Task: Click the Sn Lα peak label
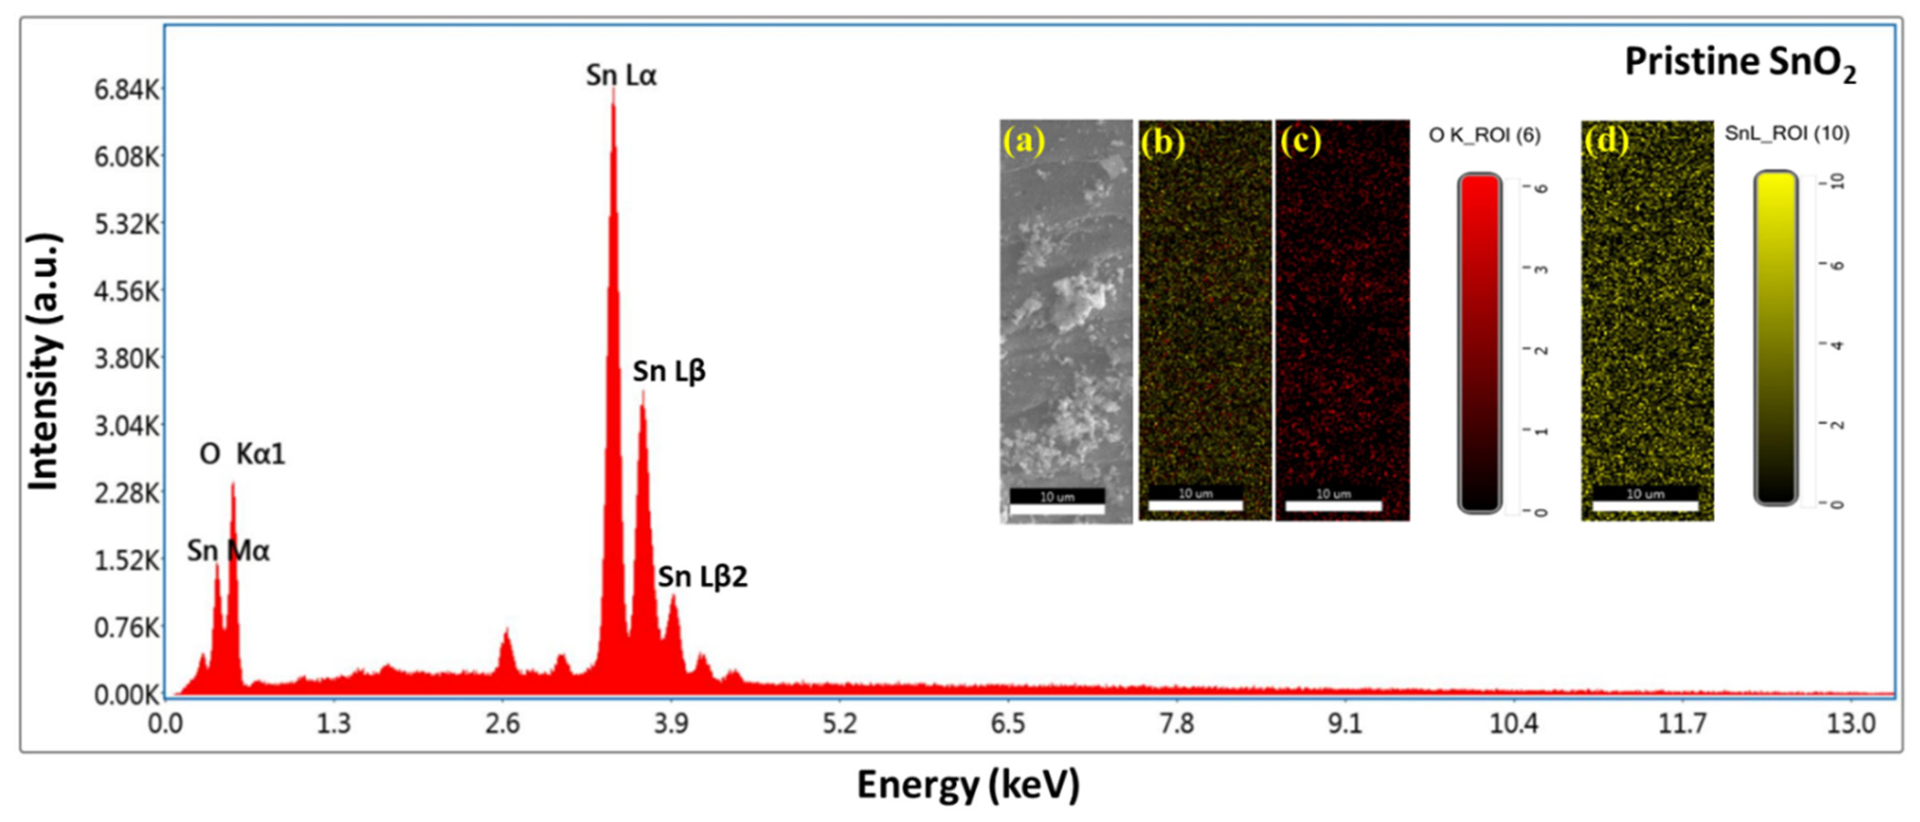(621, 75)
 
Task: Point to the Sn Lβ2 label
(702, 576)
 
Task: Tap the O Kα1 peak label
(242, 453)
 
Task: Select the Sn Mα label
(228, 551)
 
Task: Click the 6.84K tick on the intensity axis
(127, 90)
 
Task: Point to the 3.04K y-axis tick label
(127, 426)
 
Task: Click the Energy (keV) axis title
(967, 784)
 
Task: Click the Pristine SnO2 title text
(1740, 63)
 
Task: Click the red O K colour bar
(1480, 343)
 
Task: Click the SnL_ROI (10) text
(1787, 133)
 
